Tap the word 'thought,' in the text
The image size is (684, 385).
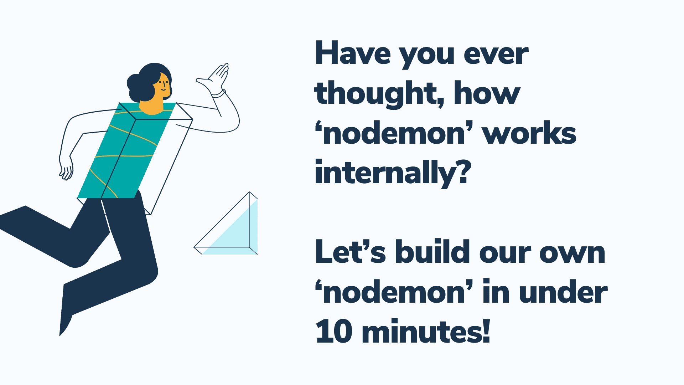coord(379,93)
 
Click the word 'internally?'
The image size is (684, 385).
coord(393,173)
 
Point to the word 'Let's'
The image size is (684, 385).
coord(350,252)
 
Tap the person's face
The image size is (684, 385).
coord(162,85)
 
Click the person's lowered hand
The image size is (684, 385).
coord(66,167)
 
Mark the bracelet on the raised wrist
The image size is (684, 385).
coord(218,94)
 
